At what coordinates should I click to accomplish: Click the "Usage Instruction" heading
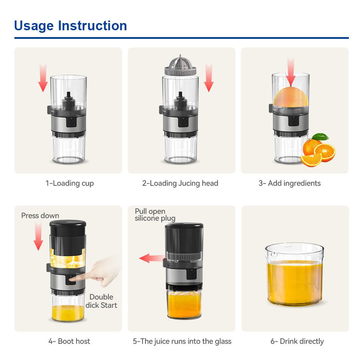(x=70, y=26)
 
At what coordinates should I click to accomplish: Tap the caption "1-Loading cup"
(x=69, y=183)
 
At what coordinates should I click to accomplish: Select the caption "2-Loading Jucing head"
(x=180, y=183)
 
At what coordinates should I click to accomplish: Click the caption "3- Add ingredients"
(x=289, y=183)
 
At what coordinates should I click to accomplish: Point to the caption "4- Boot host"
(x=69, y=341)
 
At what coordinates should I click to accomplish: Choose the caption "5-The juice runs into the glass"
(x=182, y=341)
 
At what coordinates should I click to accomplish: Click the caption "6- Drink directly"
(x=297, y=341)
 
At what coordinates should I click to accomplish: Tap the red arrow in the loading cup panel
(x=43, y=77)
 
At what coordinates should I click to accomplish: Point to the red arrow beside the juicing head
(x=208, y=77)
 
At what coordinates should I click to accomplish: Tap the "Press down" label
(x=40, y=216)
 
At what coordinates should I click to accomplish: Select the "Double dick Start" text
(x=101, y=301)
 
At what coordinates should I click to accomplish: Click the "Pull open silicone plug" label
(x=155, y=215)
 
